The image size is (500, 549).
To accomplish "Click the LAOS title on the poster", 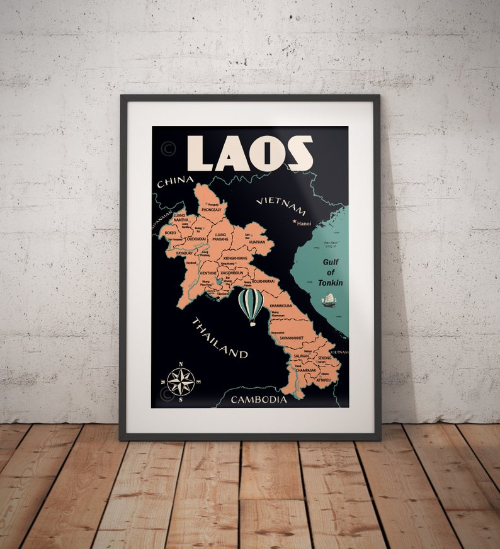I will (x=250, y=154).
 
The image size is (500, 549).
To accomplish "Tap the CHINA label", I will (x=174, y=181).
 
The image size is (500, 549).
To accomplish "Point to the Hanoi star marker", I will (x=294, y=222).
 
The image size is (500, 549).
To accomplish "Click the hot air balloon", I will (x=251, y=306).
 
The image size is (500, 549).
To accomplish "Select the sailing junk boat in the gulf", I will (x=328, y=300).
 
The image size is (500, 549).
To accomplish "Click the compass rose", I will (x=181, y=382).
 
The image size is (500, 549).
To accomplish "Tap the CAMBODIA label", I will (x=259, y=399).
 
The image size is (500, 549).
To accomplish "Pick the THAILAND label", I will (x=219, y=337).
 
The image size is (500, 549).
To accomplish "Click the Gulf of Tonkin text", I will (x=331, y=273).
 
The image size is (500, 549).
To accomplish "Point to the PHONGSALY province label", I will (x=212, y=210).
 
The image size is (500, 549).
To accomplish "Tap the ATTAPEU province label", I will (x=324, y=380).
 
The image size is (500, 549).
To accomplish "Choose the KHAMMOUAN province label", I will (x=281, y=305).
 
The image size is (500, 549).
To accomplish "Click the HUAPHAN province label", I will (x=257, y=242).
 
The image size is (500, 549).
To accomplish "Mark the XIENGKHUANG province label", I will (x=235, y=258).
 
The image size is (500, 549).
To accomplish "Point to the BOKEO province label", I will (x=171, y=232).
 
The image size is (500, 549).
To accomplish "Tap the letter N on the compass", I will (x=181, y=365).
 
